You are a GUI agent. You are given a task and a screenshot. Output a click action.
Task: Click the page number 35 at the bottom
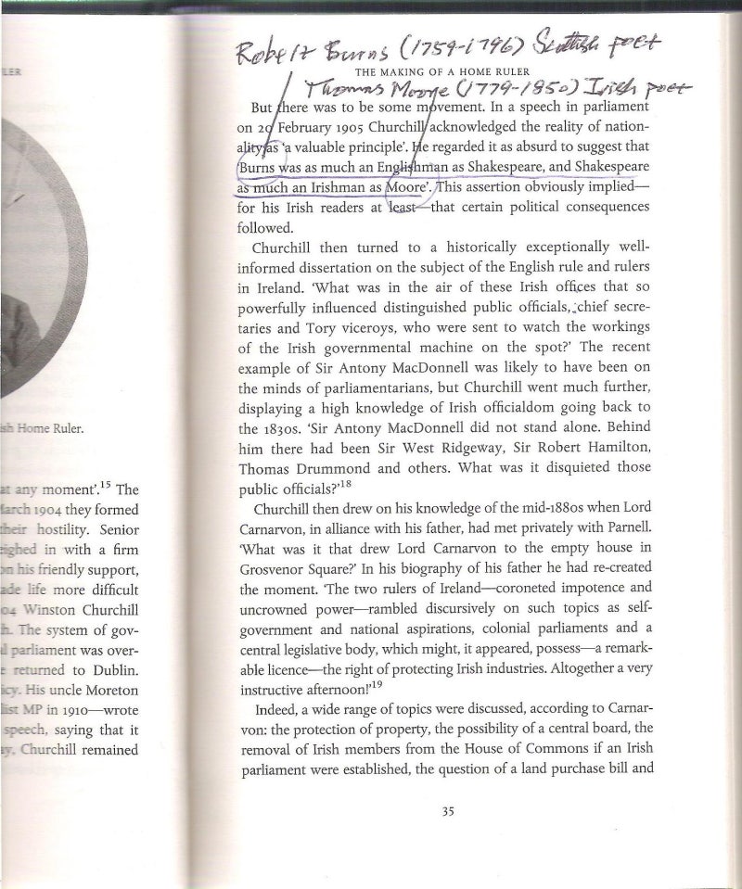tap(447, 813)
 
